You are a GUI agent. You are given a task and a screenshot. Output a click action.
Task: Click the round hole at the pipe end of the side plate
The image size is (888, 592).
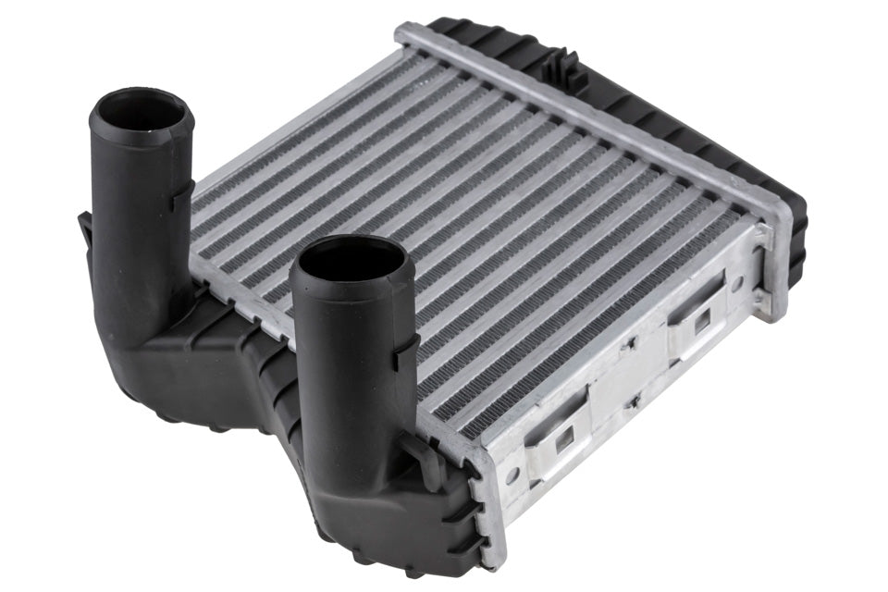pyautogui.click(x=510, y=476)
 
